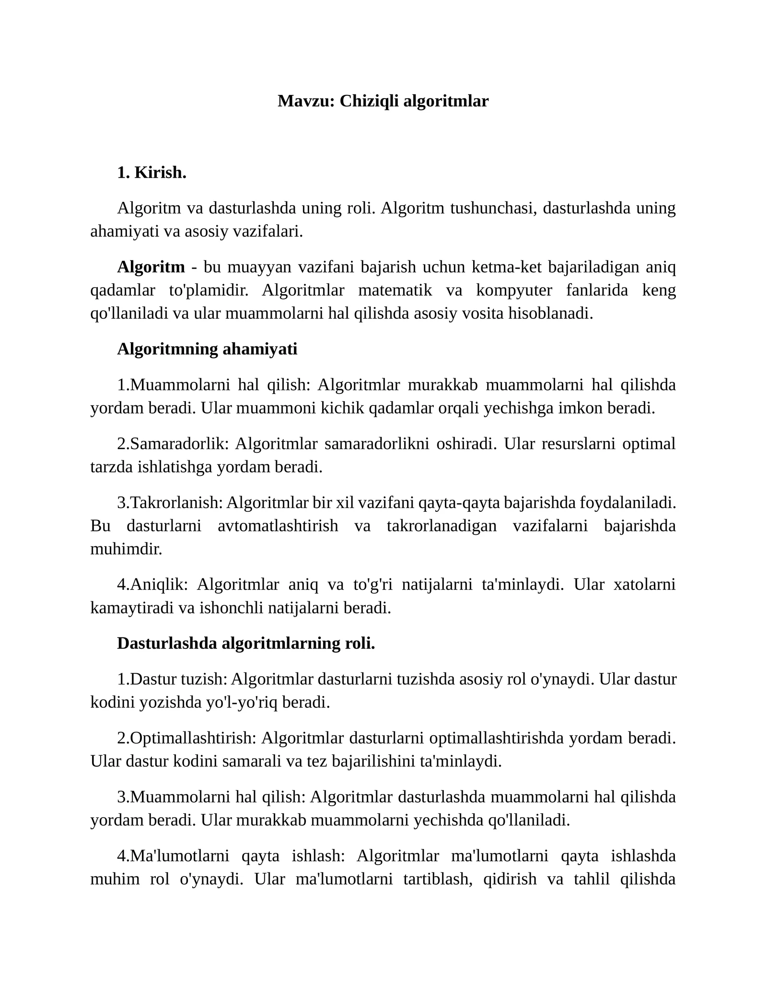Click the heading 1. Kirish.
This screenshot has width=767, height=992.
pyautogui.click(x=151, y=173)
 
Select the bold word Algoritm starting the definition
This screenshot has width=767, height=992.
pyautogui.click(x=151, y=267)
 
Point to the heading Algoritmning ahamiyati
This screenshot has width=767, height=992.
pyautogui.click(x=207, y=349)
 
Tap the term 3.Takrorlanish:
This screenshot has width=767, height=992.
pyautogui.click(x=170, y=503)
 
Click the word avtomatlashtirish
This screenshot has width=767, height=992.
pyautogui.click(x=278, y=526)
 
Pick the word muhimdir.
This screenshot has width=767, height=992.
pyautogui.click(x=126, y=549)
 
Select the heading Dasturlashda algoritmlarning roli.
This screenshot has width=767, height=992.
pyautogui.click(x=246, y=644)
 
